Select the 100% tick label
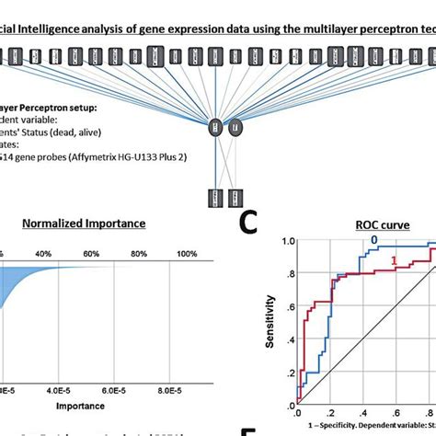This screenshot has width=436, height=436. [x=187, y=253]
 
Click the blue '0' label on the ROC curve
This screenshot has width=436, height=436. [x=373, y=239]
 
